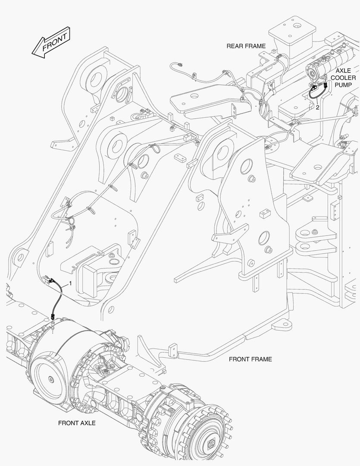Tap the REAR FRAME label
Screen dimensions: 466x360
tap(246, 46)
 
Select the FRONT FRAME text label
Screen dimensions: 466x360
tap(250, 359)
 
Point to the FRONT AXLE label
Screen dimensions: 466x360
tap(77, 423)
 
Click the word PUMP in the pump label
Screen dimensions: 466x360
tap(344, 85)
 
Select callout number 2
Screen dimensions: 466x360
tap(317, 107)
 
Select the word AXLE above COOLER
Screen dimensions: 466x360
tap(344, 70)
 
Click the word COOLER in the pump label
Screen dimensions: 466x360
tap(344, 78)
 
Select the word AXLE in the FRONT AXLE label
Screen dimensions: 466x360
tap(87, 423)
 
